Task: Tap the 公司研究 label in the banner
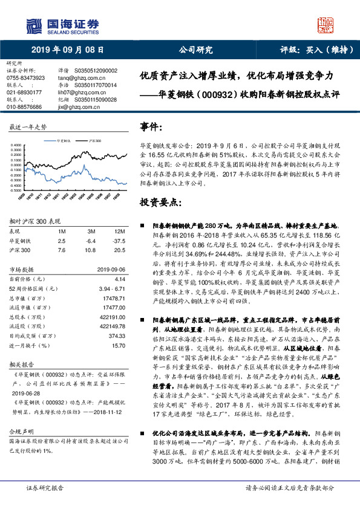[x=196, y=50]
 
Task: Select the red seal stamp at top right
[x=326, y=25]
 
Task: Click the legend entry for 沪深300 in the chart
[x=93, y=138]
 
